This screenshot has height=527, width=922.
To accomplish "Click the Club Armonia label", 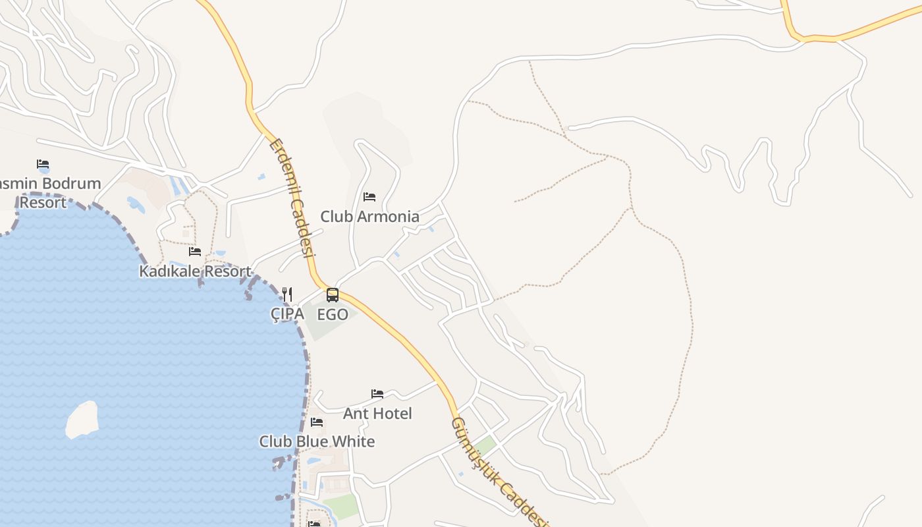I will [x=369, y=216].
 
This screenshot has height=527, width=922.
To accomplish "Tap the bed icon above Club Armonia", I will [x=369, y=197].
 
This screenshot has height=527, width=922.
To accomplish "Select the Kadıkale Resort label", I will [x=195, y=271].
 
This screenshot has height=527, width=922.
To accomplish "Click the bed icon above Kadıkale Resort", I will [x=195, y=252].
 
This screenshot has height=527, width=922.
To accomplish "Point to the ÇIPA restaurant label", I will [x=288, y=314].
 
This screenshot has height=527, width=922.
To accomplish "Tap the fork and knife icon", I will [x=287, y=294].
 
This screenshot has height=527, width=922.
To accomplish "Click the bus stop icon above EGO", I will [x=333, y=295].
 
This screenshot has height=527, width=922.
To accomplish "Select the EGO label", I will [x=333, y=315].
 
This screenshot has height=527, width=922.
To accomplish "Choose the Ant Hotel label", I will [x=377, y=414].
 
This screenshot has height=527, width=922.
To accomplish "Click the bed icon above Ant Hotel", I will [x=377, y=394].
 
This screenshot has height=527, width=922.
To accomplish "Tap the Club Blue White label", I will [x=317, y=441].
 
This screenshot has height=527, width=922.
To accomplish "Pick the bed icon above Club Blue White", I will [x=317, y=422].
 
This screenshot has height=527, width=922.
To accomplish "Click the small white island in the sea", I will [x=82, y=420].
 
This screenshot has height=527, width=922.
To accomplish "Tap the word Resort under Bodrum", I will [x=43, y=202].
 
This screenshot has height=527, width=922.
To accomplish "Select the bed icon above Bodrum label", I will [x=43, y=164].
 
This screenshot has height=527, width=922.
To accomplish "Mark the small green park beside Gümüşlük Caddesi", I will [x=485, y=446].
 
